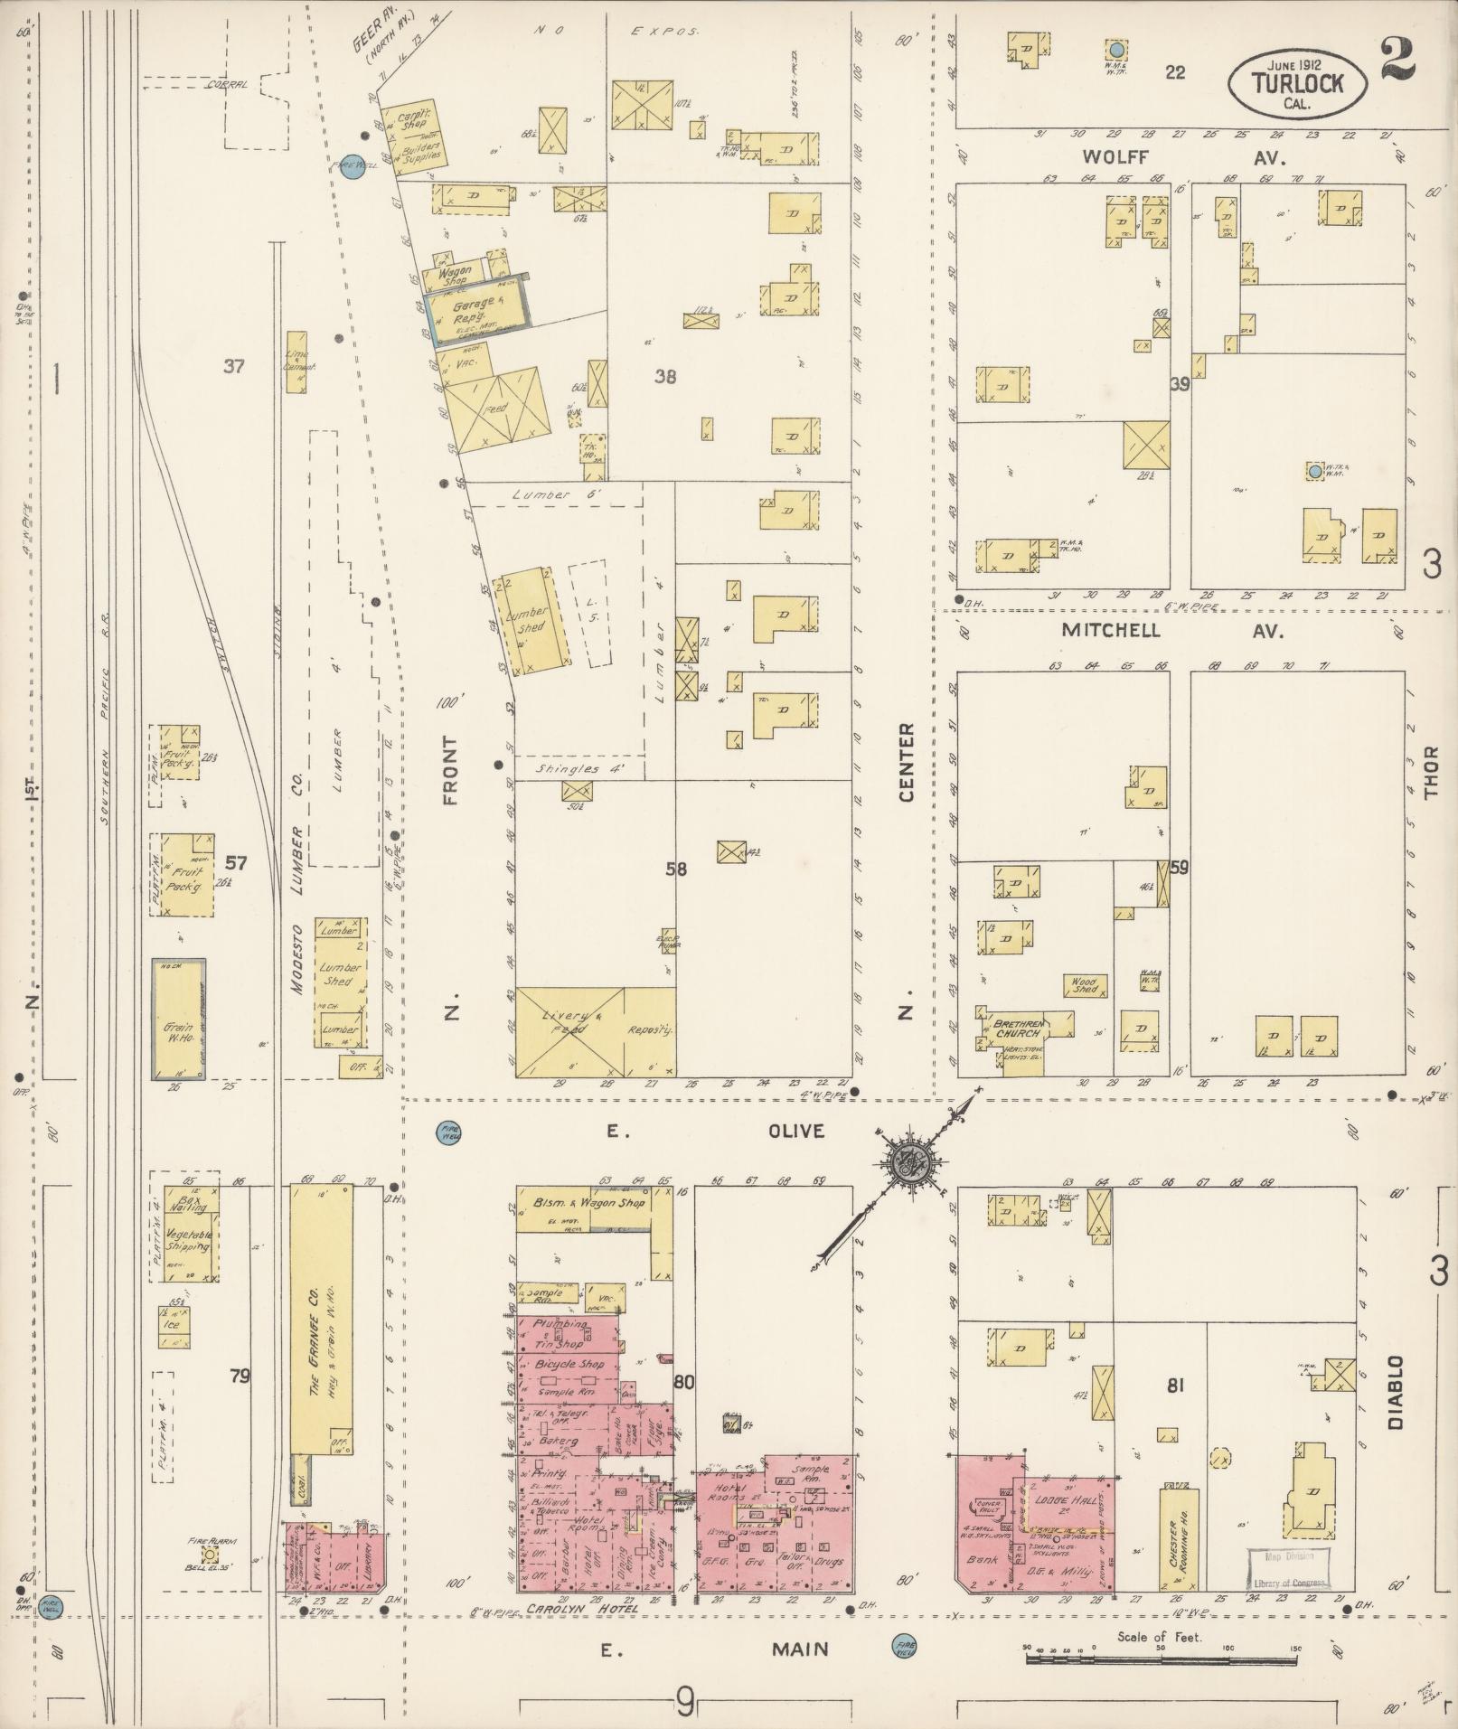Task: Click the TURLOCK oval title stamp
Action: tap(1296, 82)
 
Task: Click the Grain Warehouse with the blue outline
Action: tap(178, 1018)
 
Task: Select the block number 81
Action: tap(1175, 1386)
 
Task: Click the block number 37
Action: tap(235, 366)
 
